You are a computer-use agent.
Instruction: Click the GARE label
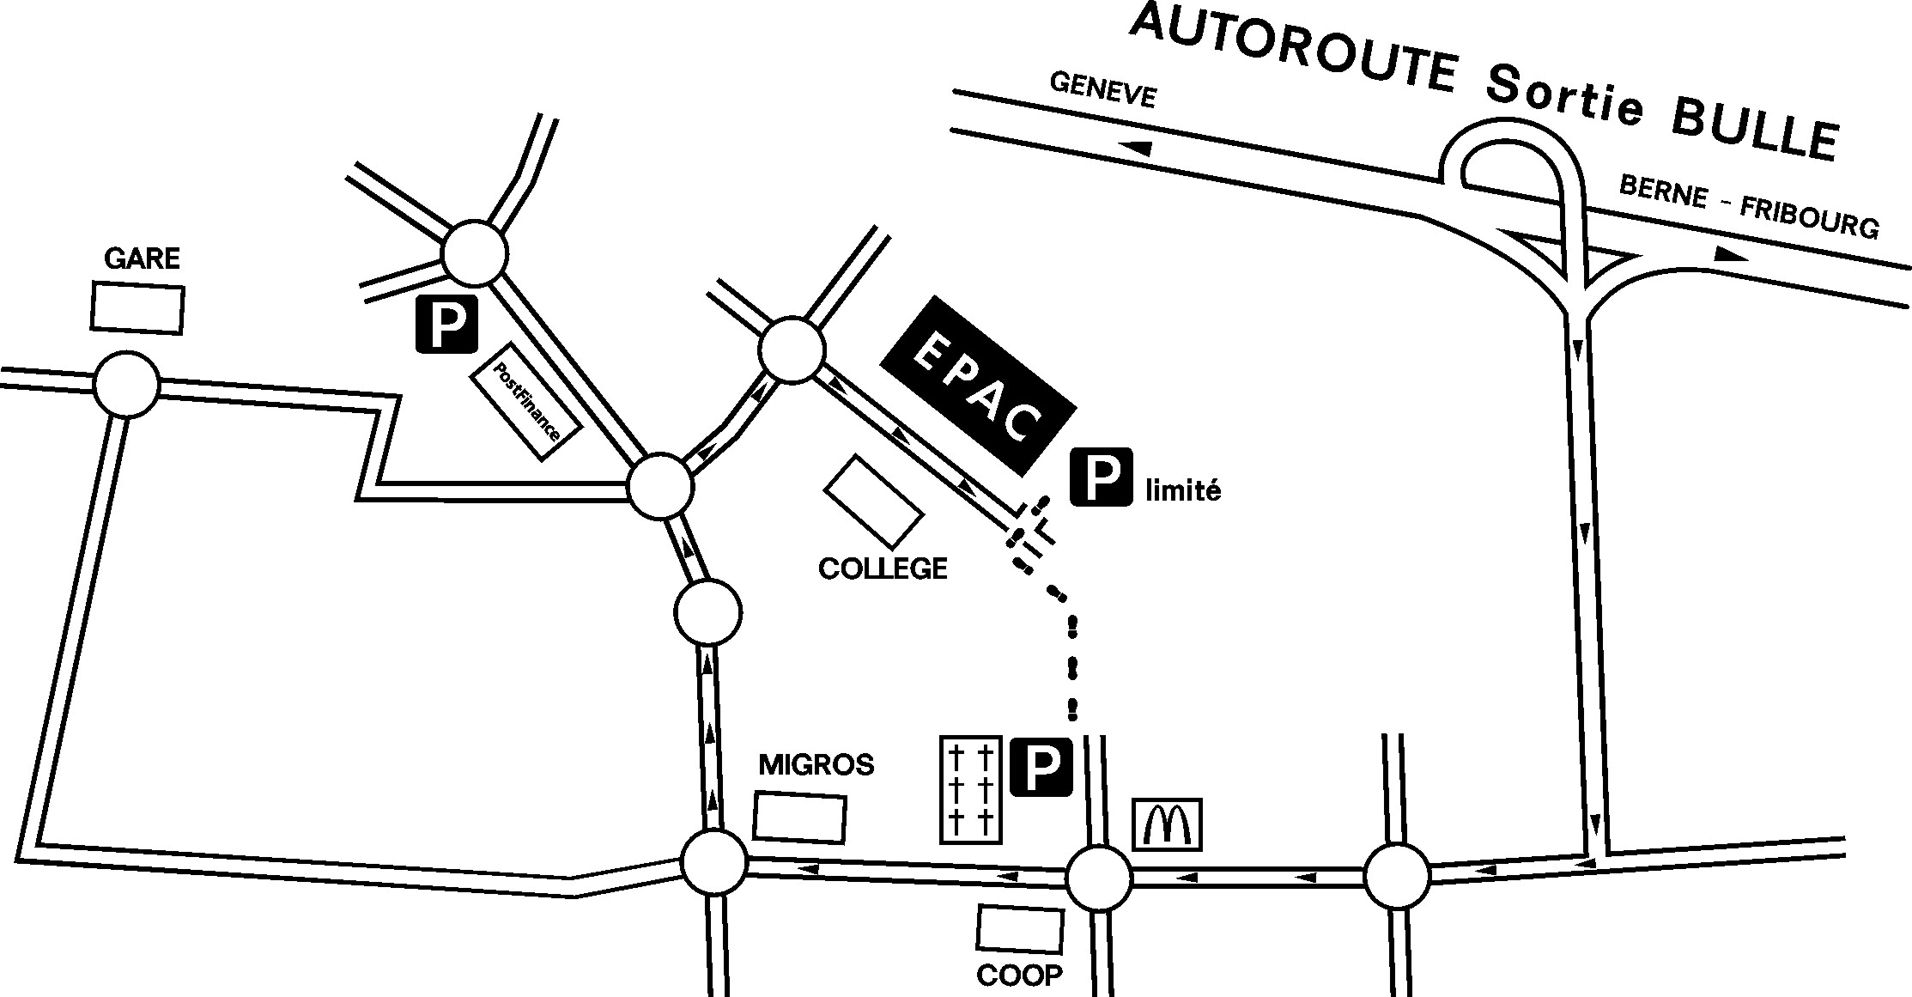click(x=142, y=258)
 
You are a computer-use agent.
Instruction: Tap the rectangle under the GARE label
click(x=137, y=308)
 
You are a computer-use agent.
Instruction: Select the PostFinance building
click(x=526, y=401)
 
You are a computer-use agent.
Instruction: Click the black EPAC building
click(x=978, y=385)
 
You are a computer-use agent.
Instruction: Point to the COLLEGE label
click(x=883, y=568)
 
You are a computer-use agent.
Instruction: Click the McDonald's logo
click(x=1167, y=824)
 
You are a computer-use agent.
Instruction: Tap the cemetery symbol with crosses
click(x=971, y=789)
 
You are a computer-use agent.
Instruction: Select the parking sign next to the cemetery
click(x=1041, y=766)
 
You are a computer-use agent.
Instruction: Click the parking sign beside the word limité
click(x=1101, y=477)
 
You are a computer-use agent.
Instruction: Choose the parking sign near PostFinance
click(x=446, y=324)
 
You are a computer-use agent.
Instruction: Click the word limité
click(x=1183, y=490)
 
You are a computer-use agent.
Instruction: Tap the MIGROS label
click(x=816, y=764)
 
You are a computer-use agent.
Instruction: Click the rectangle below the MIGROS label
click(x=799, y=818)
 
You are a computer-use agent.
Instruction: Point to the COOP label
click(x=1019, y=976)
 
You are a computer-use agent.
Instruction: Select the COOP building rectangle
click(x=1020, y=929)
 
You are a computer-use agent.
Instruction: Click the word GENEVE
click(x=1103, y=90)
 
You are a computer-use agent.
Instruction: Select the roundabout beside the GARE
click(x=127, y=385)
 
